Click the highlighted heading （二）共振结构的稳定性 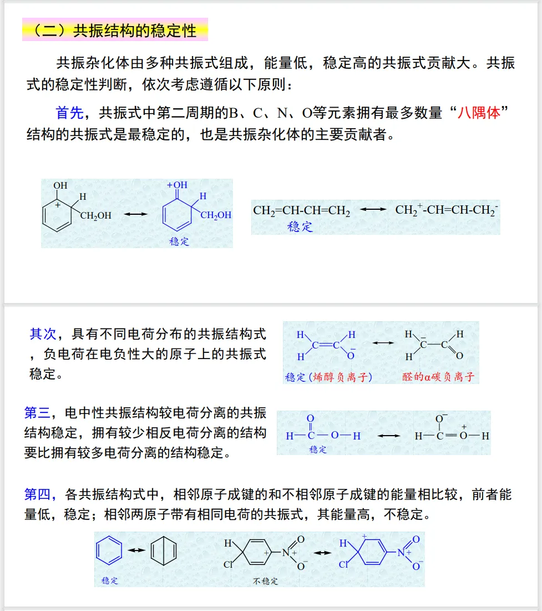point(115,30)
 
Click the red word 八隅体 point(479,113)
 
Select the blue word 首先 point(69,113)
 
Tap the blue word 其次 point(43,334)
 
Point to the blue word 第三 point(38,413)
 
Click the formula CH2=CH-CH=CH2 point(302,211)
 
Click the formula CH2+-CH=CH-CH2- point(447,210)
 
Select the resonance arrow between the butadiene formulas point(373,209)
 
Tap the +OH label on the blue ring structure point(178,185)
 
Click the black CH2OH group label point(96,216)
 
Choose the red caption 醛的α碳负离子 point(438,377)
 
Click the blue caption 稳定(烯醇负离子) point(328,377)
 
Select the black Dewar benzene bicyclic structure point(164,551)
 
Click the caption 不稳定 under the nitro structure point(265,581)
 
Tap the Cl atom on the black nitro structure point(227,565)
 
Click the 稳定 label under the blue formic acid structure point(318,450)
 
